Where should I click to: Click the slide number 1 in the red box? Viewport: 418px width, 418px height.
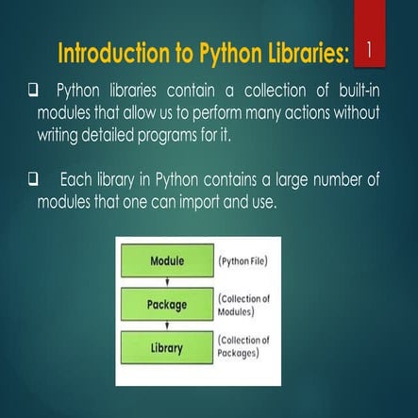(x=369, y=47)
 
